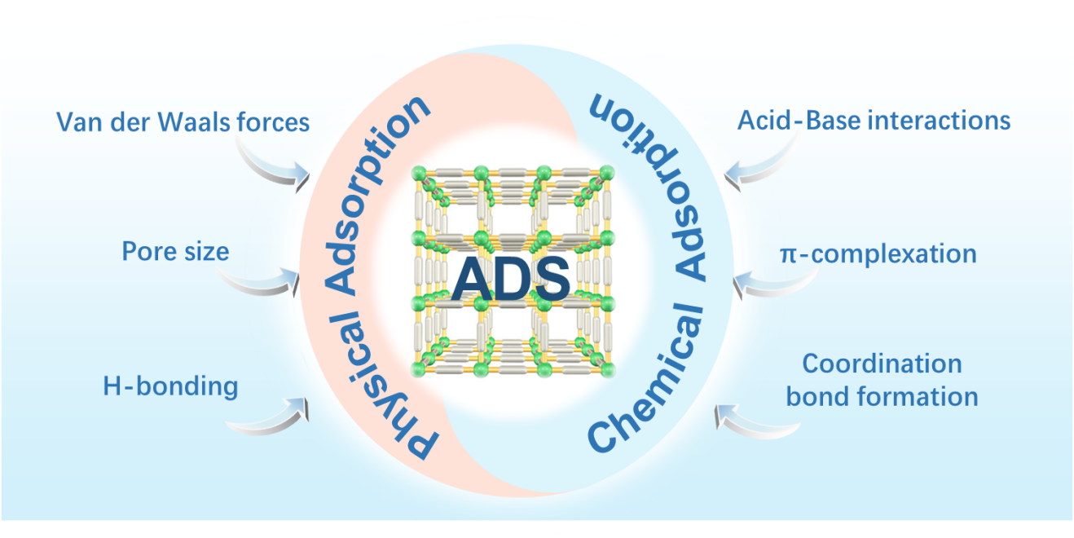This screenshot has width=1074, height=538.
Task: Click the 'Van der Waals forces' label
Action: click(183, 121)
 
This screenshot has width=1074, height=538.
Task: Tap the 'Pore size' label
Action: click(175, 250)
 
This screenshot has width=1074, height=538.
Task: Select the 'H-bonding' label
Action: click(170, 385)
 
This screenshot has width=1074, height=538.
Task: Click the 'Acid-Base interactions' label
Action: click(874, 121)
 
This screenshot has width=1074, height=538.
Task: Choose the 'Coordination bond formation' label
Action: click(882, 380)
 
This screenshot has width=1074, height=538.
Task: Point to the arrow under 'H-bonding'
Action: click(269, 416)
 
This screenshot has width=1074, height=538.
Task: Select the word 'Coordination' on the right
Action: click(882, 363)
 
